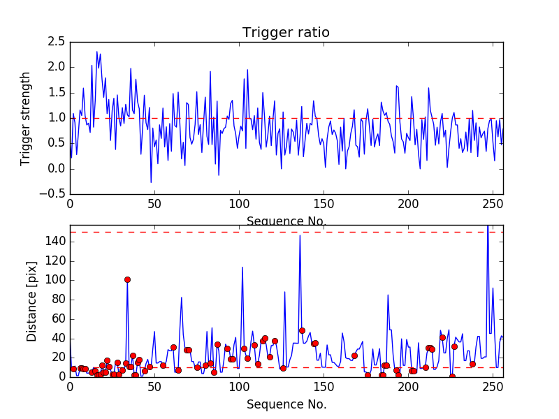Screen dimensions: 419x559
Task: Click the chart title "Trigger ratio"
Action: click(286, 33)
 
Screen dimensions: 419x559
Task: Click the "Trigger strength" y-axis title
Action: click(26, 118)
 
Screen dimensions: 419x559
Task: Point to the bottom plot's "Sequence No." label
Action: click(286, 404)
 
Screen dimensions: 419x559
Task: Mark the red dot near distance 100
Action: click(127, 279)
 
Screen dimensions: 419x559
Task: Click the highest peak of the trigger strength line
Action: click(97, 51)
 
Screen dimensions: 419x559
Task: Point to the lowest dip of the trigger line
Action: click(151, 182)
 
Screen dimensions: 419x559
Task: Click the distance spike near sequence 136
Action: click(300, 235)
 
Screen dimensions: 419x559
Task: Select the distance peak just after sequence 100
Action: click(242, 267)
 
